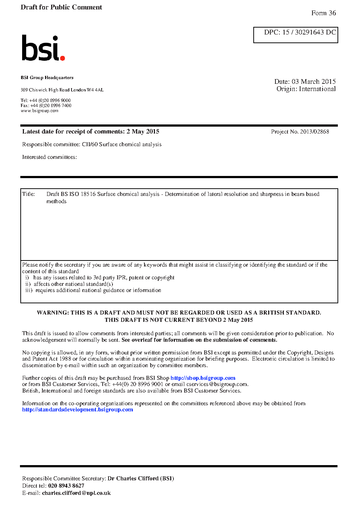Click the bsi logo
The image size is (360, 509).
43,48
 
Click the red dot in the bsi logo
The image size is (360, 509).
62,58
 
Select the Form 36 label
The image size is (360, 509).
323,13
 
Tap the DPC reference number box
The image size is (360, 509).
295,35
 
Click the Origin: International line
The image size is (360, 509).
306,89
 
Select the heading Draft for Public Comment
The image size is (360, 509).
61,7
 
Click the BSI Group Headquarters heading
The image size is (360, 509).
47,78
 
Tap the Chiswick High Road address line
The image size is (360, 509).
62,90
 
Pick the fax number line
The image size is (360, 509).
46,106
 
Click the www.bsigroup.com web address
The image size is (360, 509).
40,111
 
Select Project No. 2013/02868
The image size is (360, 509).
300,132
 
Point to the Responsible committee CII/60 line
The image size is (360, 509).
92,144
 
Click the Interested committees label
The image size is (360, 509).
49,157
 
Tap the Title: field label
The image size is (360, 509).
29,194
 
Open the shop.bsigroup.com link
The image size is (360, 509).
203,378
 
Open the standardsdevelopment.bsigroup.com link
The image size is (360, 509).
77,410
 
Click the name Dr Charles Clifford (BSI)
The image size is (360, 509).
141,479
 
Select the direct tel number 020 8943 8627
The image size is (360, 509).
66,486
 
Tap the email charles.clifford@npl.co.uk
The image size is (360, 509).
76,493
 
